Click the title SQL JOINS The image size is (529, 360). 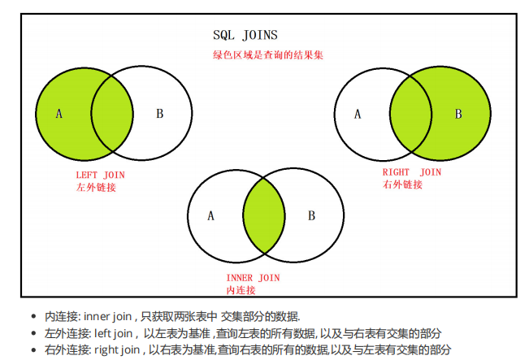(245, 35)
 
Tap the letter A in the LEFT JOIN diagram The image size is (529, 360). (59, 114)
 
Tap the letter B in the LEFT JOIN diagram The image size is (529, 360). (159, 114)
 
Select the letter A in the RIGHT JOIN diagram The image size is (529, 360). (357, 114)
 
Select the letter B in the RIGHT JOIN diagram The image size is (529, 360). (457, 114)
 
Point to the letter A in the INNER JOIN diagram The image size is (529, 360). (210, 216)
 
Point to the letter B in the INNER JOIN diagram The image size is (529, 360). (311, 216)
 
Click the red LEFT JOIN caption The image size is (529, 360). (100, 175)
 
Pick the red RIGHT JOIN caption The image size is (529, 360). (411, 172)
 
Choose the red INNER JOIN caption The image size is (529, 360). (253, 278)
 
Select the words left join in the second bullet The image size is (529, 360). (113, 333)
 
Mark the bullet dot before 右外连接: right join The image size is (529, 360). (33, 350)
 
